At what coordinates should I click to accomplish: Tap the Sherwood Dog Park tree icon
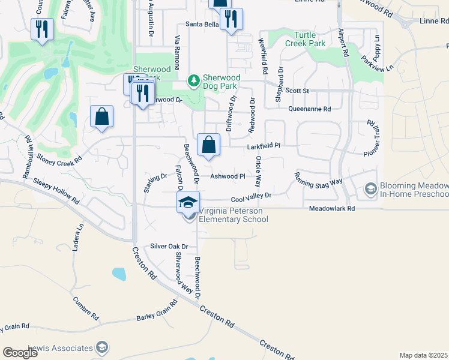pyautogui.click(x=193, y=79)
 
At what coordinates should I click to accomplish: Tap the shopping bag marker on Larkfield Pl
pyautogui.click(x=208, y=146)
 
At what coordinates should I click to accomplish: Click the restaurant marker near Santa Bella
pyautogui.click(x=231, y=20)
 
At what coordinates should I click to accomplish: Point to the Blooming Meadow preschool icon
pyautogui.click(x=370, y=190)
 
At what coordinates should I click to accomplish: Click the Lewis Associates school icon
pyautogui.click(x=102, y=347)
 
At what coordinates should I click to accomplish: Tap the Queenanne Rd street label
pyautogui.click(x=309, y=109)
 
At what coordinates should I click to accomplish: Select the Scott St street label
pyautogui.click(x=297, y=91)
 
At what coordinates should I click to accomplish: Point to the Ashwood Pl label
pyautogui.click(x=228, y=176)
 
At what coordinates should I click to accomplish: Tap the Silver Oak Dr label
pyautogui.click(x=169, y=246)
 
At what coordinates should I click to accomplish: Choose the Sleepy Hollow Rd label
pyautogui.click(x=56, y=190)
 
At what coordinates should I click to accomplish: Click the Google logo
pyautogui.click(x=20, y=352)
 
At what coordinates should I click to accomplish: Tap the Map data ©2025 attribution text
pyautogui.click(x=423, y=355)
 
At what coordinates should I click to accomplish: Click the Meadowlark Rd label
pyautogui.click(x=332, y=209)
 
